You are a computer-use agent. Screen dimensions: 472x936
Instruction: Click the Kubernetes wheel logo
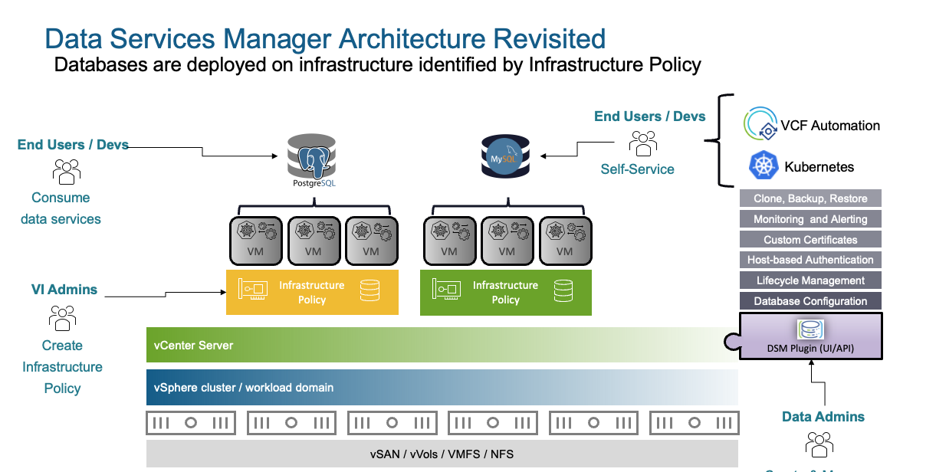click(763, 166)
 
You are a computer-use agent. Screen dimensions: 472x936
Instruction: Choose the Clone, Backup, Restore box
click(810, 198)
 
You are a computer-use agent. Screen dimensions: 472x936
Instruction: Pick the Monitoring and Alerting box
click(810, 219)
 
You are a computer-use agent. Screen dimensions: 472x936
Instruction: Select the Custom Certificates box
click(810, 240)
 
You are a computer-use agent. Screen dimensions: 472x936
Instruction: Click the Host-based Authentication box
click(810, 260)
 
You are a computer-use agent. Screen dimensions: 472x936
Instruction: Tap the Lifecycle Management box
click(810, 280)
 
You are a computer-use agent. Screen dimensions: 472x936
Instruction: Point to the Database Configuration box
click(810, 301)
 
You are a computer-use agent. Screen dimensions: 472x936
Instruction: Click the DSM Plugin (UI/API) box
click(810, 336)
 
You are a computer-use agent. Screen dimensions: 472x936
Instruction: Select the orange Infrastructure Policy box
click(312, 292)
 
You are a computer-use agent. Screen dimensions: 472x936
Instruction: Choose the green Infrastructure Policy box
click(506, 292)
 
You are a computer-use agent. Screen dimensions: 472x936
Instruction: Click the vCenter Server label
click(195, 346)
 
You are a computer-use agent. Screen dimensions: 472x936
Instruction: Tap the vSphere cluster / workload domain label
click(245, 388)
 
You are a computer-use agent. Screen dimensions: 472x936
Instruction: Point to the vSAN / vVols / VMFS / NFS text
click(442, 454)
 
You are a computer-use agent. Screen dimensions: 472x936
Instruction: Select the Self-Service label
click(637, 169)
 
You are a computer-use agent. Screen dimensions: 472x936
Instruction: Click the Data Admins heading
click(823, 417)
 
